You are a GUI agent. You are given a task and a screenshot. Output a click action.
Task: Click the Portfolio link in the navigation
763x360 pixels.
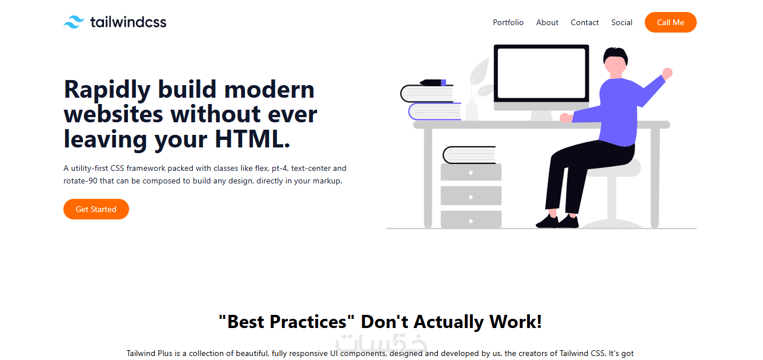point(508,22)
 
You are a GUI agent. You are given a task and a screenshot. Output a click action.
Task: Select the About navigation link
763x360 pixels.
point(547,22)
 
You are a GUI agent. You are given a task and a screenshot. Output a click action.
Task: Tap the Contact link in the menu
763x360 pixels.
point(584,22)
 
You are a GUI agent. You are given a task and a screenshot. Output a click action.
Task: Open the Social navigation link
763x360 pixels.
point(621,22)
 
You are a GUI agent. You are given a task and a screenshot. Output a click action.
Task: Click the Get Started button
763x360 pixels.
point(96,209)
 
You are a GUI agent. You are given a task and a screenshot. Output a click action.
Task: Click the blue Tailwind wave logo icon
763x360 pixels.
point(74,22)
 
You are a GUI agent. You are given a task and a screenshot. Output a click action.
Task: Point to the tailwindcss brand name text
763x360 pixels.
point(128,22)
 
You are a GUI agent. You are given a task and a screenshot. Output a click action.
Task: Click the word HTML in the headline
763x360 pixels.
point(252,139)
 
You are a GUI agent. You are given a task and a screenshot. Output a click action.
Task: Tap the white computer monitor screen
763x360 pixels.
point(541,73)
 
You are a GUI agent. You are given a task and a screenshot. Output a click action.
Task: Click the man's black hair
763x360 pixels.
point(615,54)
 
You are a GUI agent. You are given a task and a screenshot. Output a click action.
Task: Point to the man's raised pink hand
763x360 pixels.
point(667,73)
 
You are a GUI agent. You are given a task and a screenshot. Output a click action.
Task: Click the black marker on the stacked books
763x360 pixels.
point(433,82)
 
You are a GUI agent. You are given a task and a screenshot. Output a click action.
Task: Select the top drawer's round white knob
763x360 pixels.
point(471,173)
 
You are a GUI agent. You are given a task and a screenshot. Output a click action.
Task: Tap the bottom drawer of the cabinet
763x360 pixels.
point(471,219)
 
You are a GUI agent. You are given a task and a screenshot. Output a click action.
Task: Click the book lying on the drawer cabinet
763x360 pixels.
point(469,155)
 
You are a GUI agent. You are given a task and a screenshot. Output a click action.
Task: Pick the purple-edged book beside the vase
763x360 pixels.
point(435,111)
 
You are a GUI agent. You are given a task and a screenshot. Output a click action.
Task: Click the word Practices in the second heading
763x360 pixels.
point(308,322)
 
